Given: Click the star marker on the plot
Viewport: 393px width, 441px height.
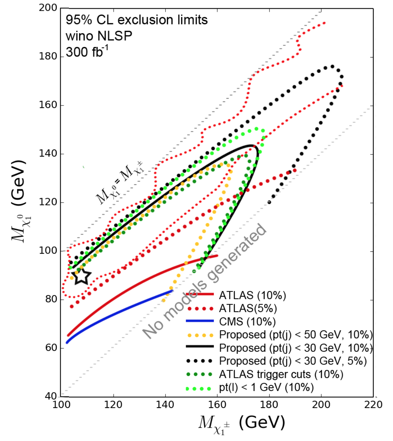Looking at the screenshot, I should tap(82, 276).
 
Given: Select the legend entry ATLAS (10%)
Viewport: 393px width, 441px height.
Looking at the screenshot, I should tap(252, 296).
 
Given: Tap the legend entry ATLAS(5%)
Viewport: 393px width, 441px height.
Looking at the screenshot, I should tap(248, 308).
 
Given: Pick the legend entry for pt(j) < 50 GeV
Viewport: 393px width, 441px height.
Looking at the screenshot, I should tap(296, 335).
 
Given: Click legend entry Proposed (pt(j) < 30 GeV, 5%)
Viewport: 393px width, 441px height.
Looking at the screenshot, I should tap(293, 361).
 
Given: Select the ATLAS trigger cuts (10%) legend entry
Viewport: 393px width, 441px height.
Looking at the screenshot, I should tap(281, 374).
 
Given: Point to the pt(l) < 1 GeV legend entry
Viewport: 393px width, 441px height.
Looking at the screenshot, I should tap(266, 387).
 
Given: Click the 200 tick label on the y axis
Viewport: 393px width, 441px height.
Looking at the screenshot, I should tap(48, 8).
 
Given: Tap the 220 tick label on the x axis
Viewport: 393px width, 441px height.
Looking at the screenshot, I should tap(373, 405).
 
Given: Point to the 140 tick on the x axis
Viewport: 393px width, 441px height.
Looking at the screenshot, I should tap(165, 405).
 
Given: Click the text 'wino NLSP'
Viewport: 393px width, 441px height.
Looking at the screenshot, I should tap(99, 36).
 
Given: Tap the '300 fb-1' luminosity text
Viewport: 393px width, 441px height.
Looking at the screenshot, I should tap(87, 52).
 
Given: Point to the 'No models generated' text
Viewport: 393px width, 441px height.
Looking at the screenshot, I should tap(205, 282).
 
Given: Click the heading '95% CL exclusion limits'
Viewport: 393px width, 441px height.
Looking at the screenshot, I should tap(137, 20).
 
